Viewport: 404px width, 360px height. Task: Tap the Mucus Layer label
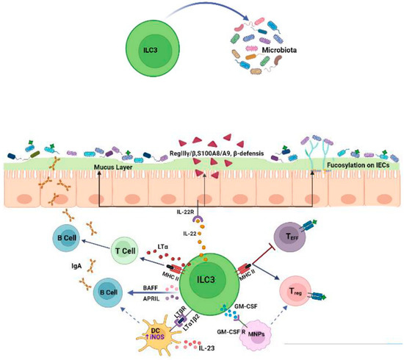point(114,168)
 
